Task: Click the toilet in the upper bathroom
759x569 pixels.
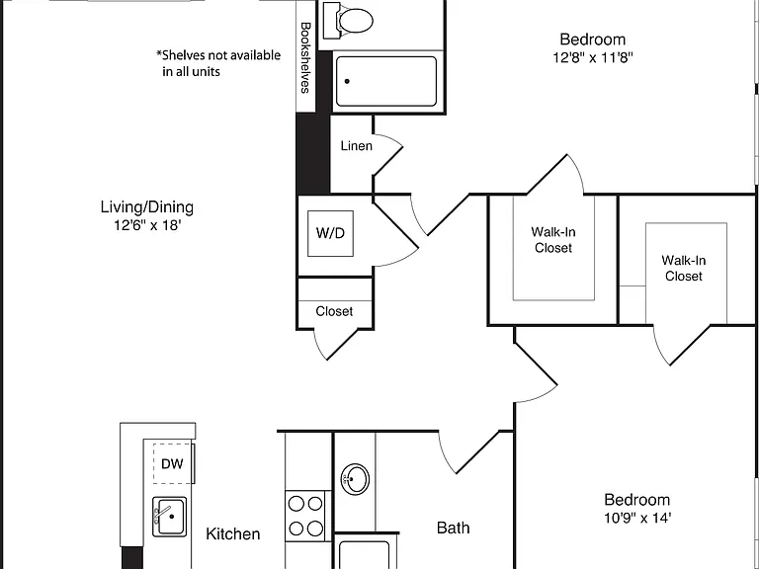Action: (x=349, y=21)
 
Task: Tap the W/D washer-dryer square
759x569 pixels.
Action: (x=331, y=233)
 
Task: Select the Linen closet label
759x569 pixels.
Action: (x=356, y=145)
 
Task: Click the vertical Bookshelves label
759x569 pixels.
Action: (x=305, y=57)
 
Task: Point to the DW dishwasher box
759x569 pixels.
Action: (x=173, y=463)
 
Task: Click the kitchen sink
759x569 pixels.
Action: (x=169, y=517)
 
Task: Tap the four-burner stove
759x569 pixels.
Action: (x=305, y=516)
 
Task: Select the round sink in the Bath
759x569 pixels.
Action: (x=355, y=479)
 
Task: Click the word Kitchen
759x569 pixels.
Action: (x=233, y=533)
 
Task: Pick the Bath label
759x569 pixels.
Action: (x=453, y=528)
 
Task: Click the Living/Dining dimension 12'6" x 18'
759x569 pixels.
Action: (x=147, y=225)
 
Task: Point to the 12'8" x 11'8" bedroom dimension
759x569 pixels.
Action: (x=593, y=57)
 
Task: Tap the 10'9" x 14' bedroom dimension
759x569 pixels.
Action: (x=637, y=519)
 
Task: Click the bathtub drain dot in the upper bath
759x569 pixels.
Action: (x=347, y=81)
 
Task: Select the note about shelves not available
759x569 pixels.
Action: (x=218, y=63)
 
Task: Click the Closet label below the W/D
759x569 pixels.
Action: (x=334, y=311)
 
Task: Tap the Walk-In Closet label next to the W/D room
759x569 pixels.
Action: (x=553, y=240)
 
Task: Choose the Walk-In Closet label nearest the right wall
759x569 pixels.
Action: (x=684, y=268)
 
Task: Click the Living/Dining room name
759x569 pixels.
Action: (x=147, y=207)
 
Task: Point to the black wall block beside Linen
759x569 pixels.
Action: (x=313, y=153)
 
